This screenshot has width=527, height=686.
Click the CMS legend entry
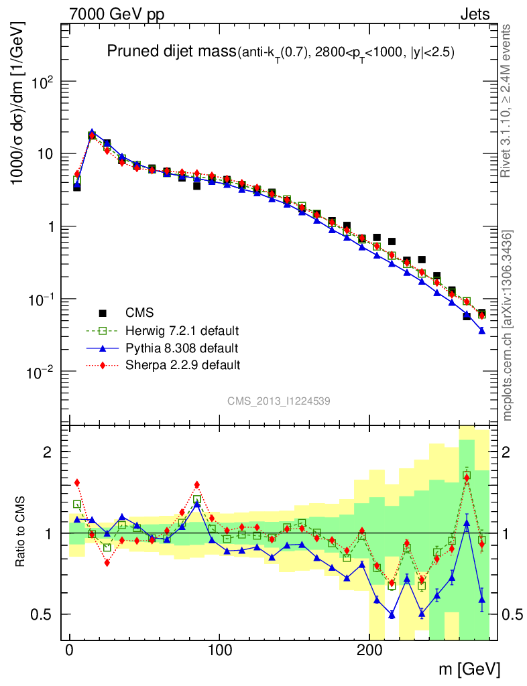139,313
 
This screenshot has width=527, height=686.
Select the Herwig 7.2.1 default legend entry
182,331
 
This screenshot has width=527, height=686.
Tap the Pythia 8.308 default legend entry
182,348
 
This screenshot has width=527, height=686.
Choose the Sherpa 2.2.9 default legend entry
182,366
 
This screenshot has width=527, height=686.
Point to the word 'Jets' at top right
474,14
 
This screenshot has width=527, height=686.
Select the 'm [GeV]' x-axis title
469,669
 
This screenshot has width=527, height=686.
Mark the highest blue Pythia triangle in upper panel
92,133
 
